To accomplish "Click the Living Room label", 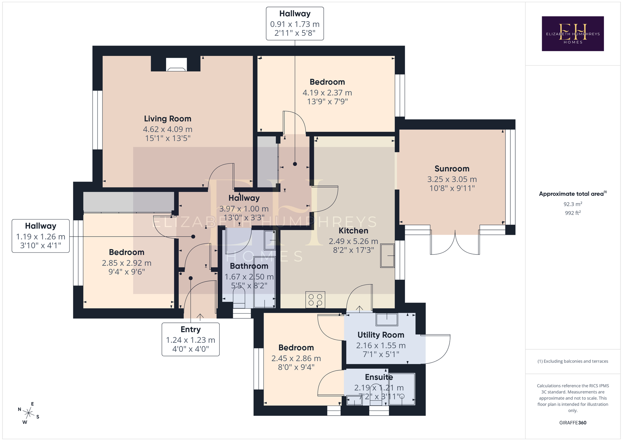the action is (x=168, y=119).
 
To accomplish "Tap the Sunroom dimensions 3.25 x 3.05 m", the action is (x=452, y=179).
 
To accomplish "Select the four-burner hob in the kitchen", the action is (x=315, y=300).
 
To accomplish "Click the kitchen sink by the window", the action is (x=388, y=256).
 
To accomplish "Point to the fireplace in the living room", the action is (x=176, y=65).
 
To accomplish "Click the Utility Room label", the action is (x=381, y=335).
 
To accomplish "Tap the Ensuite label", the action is (x=379, y=377).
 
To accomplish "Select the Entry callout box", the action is (x=191, y=339).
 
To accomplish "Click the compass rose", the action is (x=28, y=413).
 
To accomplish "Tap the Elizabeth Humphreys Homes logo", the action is (x=573, y=34).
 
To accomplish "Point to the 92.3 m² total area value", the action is (x=573, y=204).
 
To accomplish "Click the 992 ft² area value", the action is (x=573, y=213).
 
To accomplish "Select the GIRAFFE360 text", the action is (x=573, y=423).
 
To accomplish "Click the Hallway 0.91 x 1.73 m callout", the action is (x=295, y=24).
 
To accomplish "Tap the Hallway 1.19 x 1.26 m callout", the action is (x=41, y=236).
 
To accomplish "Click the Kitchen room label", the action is (x=353, y=231).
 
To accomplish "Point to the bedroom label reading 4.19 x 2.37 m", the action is (x=327, y=93).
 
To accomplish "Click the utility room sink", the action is (x=387, y=319).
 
